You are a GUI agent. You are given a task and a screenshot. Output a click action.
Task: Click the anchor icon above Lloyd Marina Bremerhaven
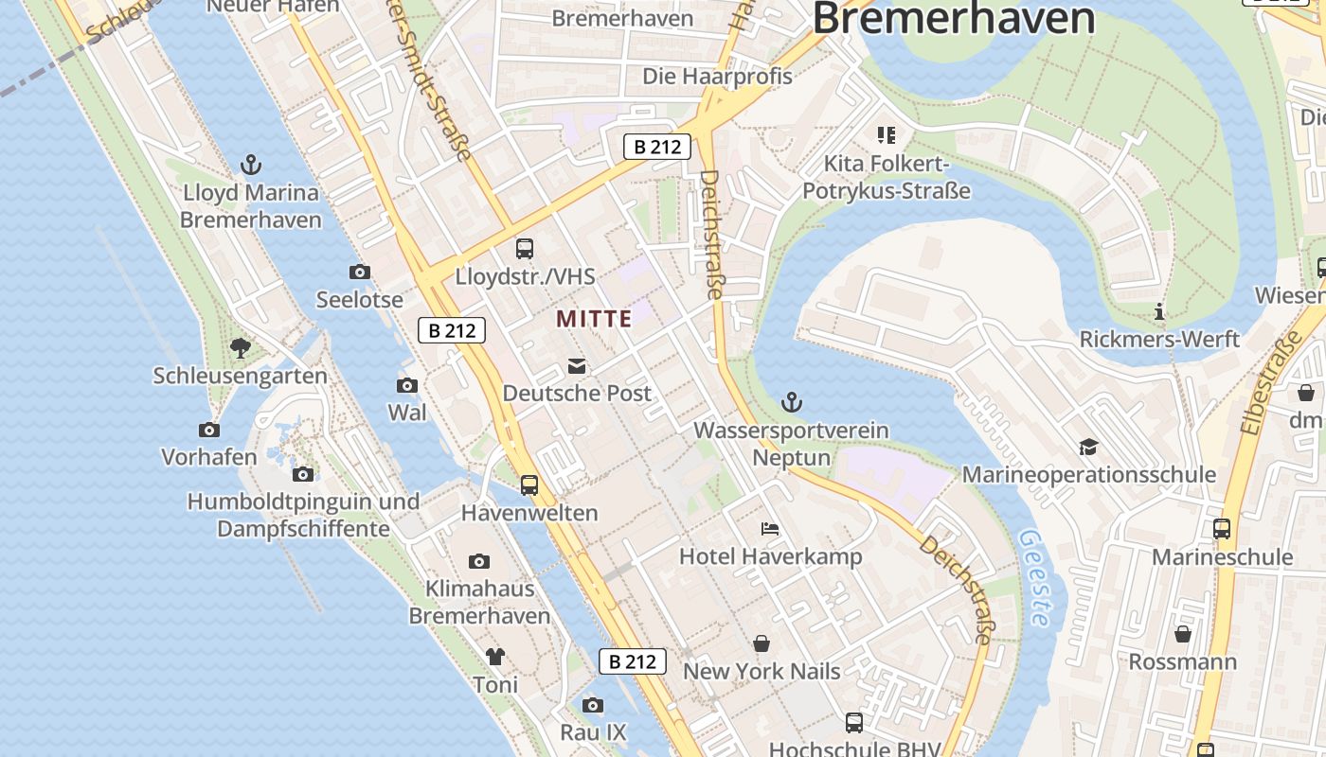coord(251,166)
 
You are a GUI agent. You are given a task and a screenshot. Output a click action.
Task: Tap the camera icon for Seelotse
coord(360,273)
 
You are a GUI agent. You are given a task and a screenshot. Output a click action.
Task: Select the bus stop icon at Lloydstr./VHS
coord(525,249)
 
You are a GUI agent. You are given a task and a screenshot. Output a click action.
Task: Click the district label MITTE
coord(594,319)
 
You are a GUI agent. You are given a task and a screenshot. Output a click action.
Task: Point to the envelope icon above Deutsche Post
coord(577,366)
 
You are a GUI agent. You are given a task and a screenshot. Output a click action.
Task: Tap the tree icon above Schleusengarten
coord(241,348)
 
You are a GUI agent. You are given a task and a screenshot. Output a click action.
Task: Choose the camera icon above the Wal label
coord(407,385)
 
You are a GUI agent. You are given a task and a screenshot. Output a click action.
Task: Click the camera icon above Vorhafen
coord(209,430)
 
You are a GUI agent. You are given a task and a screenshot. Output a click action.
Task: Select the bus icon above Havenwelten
coord(529,485)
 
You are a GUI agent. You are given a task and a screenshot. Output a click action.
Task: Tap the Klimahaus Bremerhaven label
coord(479,602)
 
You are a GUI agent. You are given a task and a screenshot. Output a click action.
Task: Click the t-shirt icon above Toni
coord(495,657)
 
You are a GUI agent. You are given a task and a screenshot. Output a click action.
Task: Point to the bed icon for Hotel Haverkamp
coord(770,528)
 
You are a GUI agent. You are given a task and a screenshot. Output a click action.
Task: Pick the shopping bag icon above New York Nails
coord(762,643)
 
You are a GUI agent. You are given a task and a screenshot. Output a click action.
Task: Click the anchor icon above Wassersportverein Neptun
coord(792,403)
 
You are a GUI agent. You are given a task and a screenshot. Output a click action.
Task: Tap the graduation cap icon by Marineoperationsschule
coord(1088,447)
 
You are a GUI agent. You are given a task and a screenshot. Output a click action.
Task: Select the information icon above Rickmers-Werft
coord(1159,311)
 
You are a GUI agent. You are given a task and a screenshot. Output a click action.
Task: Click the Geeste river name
coord(1035,577)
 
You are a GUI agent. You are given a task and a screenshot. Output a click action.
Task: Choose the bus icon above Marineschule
coord(1222,529)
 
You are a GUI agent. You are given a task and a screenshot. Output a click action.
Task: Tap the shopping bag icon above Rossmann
coord(1183,633)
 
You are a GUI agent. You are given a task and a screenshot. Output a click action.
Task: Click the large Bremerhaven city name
coord(954,19)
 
